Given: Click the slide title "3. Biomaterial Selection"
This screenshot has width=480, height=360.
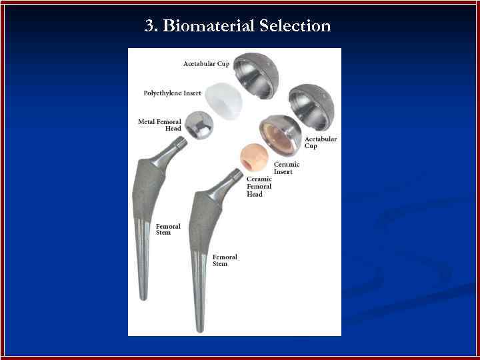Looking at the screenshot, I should [x=237, y=27].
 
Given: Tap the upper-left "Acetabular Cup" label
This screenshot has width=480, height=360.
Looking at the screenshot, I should [x=206, y=64].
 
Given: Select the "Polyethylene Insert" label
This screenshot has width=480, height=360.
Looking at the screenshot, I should [x=172, y=93].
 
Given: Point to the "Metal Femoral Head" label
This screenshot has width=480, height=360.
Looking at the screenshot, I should [x=159, y=125].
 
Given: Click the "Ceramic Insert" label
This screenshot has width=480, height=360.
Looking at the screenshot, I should [x=286, y=168].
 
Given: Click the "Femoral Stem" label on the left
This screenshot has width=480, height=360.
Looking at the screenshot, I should [x=168, y=229].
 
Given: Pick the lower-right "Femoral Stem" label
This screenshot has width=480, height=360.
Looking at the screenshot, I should [x=225, y=260].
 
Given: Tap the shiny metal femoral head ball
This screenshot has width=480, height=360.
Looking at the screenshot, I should [x=199, y=125].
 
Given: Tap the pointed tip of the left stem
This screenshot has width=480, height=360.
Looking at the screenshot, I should [x=143, y=296].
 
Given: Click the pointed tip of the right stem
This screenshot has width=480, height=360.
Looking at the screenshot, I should [x=199, y=328].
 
